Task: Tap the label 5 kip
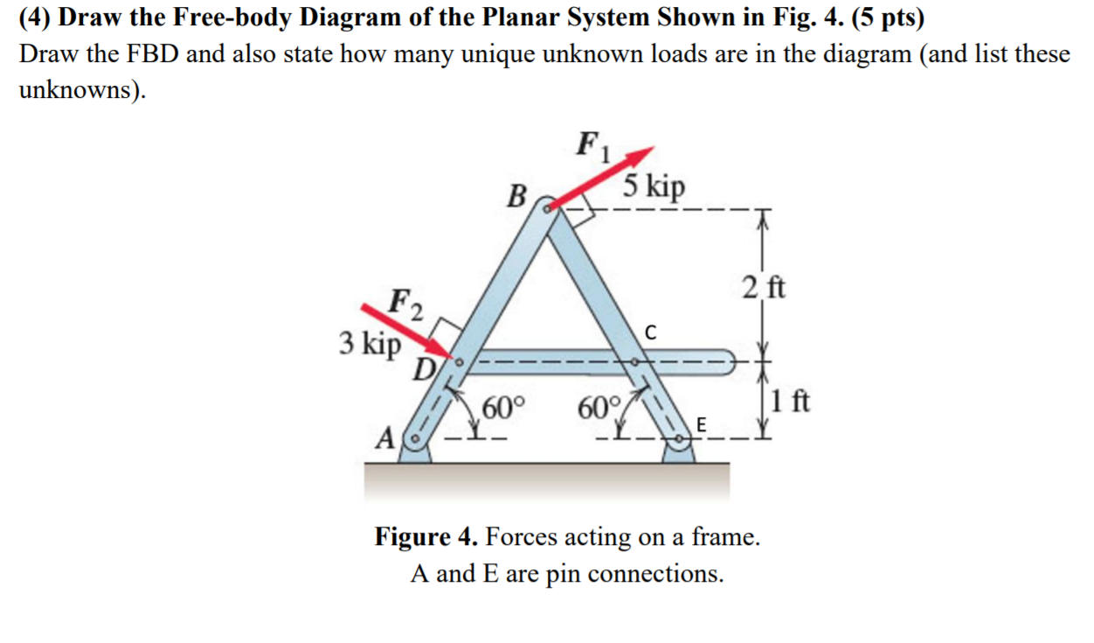click(x=654, y=187)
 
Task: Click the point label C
click(x=648, y=332)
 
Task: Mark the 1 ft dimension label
click(x=792, y=403)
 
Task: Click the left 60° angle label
click(x=504, y=409)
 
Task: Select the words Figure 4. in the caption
click(x=426, y=535)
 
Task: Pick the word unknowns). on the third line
click(x=81, y=90)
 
